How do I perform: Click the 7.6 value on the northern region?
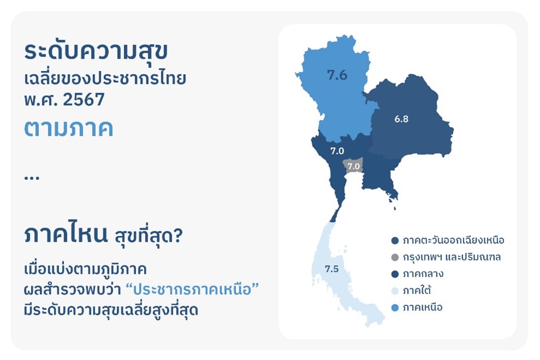[x=337, y=75]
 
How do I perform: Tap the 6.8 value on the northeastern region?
[x=401, y=119]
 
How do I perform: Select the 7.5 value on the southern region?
[x=332, y=269]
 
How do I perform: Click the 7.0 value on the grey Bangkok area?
[x=353, y=166]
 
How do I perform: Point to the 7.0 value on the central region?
[x=337, y=151]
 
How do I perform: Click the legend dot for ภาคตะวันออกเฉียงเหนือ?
[x=395, y=241]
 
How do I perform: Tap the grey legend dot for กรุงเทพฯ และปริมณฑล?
[x=395, y=257]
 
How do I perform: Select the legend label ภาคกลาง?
[x=423, y=274]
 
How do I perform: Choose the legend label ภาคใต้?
[x=417, y=290]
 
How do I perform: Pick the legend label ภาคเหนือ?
[x=423, y=307]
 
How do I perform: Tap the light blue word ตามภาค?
[x=69, y=129]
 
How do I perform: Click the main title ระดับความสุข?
[x=96, y=52]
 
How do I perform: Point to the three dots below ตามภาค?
[x=32, y=178]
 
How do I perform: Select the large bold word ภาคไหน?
[x=66, y=235]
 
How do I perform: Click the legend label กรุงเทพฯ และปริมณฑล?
[x=452, y=257]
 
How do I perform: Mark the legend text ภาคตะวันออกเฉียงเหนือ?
[x=454, y=240]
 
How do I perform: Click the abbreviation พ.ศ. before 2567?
[x=41, y=100]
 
